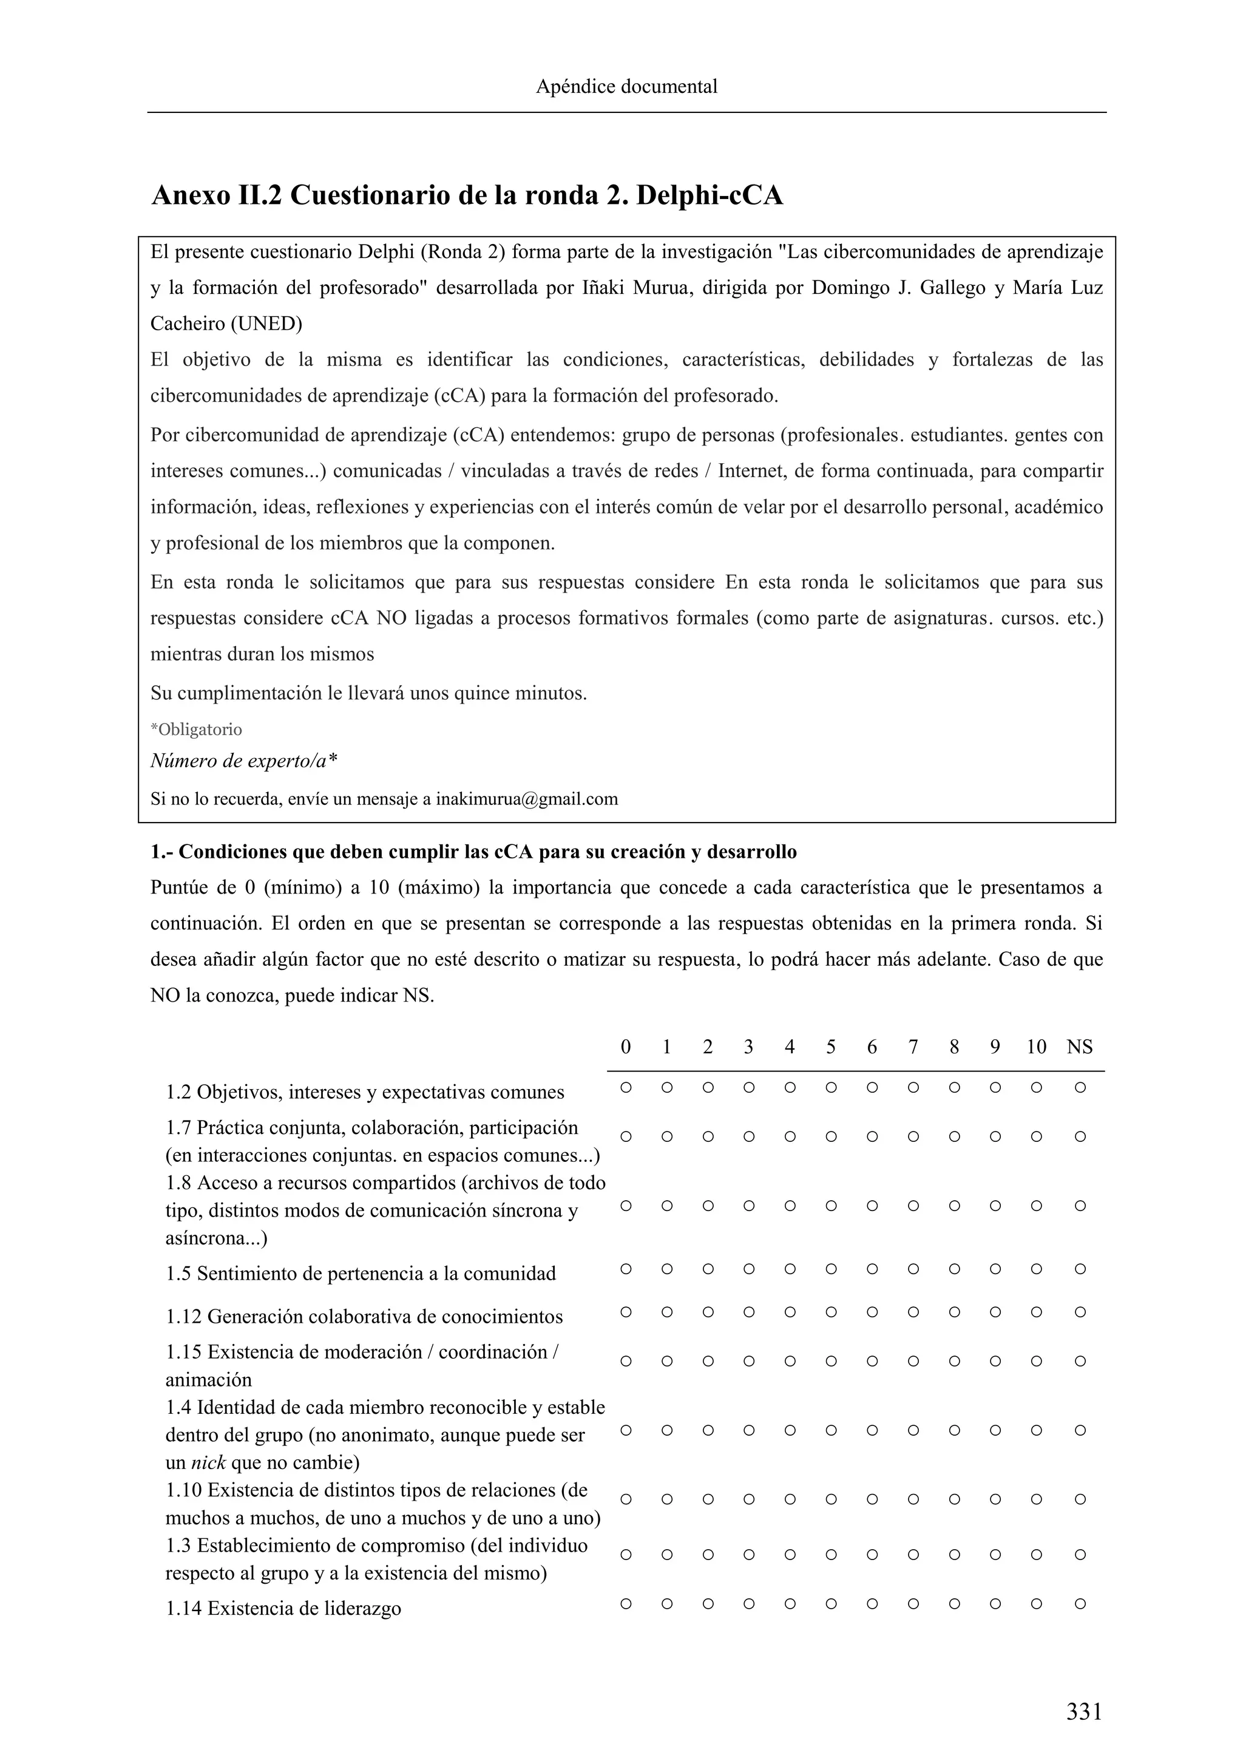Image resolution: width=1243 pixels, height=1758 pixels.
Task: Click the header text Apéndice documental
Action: click(626, 87)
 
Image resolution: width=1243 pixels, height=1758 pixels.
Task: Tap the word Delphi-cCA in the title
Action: click(710, 195)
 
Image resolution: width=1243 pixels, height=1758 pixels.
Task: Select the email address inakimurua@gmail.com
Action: click(527, 799)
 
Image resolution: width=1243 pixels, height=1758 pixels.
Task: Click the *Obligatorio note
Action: click(197, 729)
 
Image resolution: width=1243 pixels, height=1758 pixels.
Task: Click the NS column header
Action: click(1079, 1047)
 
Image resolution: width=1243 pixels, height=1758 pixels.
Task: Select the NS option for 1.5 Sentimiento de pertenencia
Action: click(1079, 1269)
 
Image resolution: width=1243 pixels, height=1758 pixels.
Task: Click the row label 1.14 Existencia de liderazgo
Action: click(283, 1608)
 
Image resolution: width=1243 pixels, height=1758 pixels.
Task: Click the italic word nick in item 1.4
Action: click(208, 1462)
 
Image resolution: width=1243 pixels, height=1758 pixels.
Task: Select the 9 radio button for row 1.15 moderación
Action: click(994, 1362)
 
